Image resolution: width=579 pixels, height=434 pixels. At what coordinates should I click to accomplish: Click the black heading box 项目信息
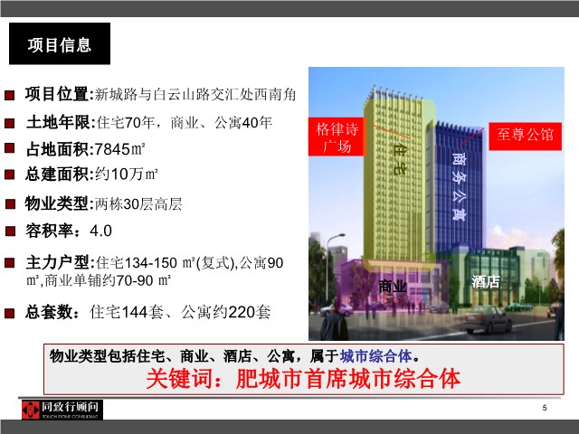coord(60,43)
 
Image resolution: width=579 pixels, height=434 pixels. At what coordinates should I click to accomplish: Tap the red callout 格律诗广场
coord(337,137)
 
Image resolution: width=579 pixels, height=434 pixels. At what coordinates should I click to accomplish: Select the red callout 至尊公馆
coord(525,137)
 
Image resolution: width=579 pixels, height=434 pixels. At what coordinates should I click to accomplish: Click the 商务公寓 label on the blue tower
coord(459,186)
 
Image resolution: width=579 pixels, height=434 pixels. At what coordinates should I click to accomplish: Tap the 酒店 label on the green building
coord(486,281)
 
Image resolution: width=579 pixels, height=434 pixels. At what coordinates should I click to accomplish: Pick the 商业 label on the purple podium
coord(392,286)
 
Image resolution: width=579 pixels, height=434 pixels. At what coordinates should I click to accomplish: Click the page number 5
coord(545,408)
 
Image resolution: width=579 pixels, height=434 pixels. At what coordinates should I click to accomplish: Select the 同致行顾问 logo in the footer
coord(62,410)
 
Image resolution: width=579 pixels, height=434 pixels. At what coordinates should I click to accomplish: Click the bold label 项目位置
coord(56,94)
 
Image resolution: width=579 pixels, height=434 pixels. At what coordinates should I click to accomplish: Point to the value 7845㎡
coord(119,149)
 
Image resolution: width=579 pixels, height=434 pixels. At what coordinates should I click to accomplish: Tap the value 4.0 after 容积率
coord(100,231)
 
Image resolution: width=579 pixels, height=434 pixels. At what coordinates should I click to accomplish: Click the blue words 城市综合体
coord(376,356)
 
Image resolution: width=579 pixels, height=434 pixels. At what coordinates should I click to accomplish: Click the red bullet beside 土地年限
coord(10,123)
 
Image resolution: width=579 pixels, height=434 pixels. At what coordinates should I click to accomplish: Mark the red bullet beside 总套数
coord(10,313)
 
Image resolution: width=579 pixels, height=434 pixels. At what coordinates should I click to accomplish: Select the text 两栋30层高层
coord(138,203)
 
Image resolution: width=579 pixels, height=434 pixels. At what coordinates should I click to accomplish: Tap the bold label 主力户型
coord(57,262)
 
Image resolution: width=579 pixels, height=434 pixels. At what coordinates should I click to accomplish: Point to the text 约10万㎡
coord(127,174)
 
